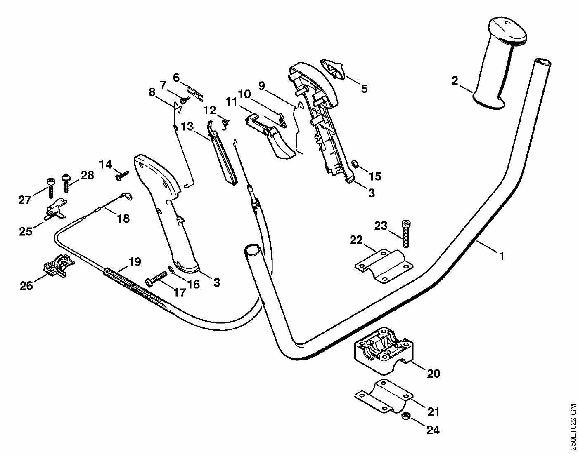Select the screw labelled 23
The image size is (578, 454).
point(405,233)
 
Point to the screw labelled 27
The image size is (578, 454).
point(50,188)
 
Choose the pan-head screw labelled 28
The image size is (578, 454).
point(66,183)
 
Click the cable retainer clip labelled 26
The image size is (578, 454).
point(59,265)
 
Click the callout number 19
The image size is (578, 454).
point(135,261)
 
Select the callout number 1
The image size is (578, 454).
point(502,256)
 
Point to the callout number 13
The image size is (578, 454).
point(187,126)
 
